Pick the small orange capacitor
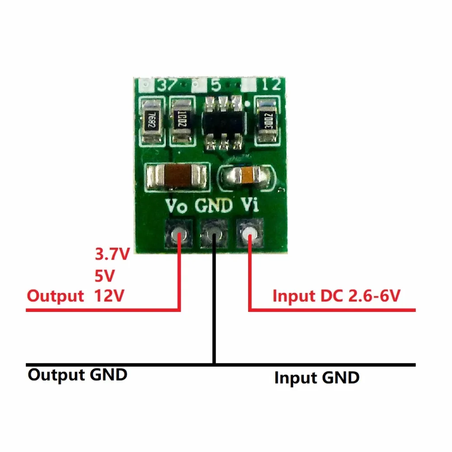(x=247, y=176)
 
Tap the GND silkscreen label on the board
(x=214, y=206)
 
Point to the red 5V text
(x=105, y=275)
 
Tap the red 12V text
(x=110, y=296)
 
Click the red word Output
(x=55, y=296)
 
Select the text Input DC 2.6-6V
(x=336, y=296)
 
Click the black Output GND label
(x=77, y=375)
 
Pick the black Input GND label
(x=317, y=377)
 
